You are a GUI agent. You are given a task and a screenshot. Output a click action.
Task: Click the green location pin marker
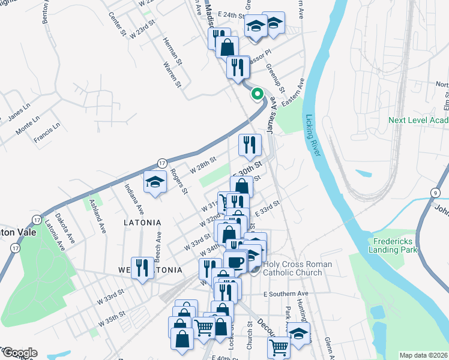257,94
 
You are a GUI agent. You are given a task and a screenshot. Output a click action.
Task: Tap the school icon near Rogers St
155,182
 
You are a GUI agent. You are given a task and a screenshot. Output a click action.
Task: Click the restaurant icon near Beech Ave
142,267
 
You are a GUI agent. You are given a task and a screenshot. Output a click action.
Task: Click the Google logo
20,353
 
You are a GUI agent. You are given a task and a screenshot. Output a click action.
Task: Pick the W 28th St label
202,163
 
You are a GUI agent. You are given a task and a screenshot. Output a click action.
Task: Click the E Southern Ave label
285,293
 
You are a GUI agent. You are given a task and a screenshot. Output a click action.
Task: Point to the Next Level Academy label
418,120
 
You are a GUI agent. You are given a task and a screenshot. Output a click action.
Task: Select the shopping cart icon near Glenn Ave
279,347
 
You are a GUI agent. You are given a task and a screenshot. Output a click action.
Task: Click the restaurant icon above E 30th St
249,144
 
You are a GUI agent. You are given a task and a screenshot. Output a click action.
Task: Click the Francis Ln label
47,133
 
